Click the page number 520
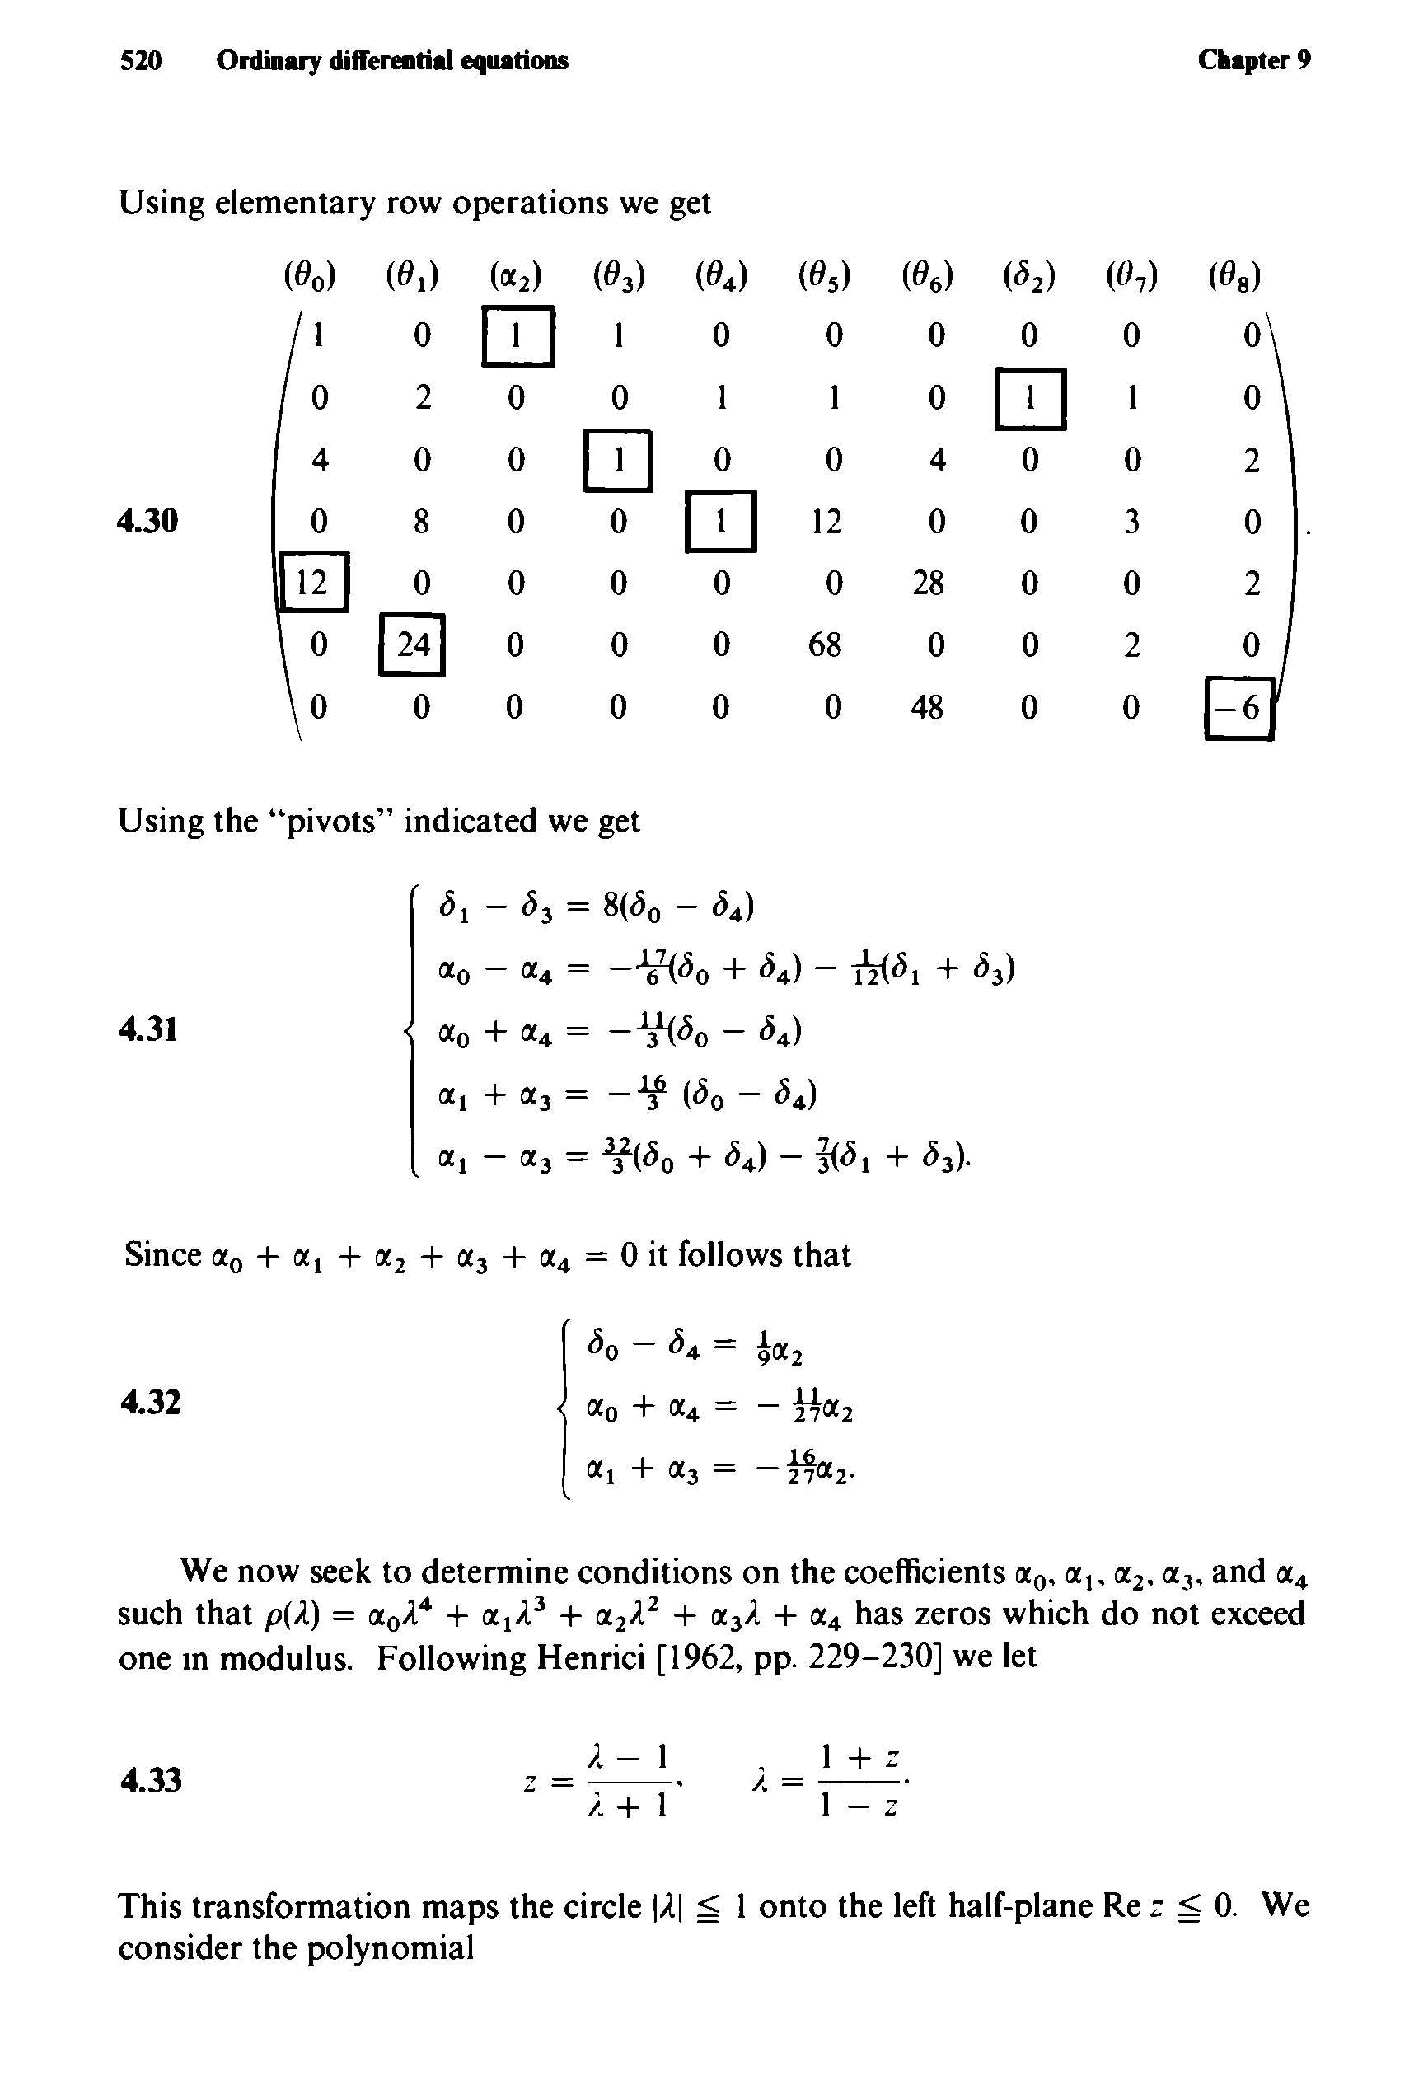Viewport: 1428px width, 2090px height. (x=141, y=60)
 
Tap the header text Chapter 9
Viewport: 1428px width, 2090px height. (x=1253, y=60)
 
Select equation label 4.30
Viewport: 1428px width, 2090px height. (x=147, y=520)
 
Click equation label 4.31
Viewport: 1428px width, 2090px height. (x=147, y=1028)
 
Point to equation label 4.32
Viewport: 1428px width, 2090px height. (x=149, y=1400)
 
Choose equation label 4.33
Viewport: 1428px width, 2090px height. (x=149, y=1778)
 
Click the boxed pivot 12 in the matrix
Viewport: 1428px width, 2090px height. (x=312, y=583)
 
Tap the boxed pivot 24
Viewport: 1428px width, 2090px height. (x=413, y=644)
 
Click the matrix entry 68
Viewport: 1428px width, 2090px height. (x=826, y=644)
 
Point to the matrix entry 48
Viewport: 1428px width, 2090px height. (x=927, y=708)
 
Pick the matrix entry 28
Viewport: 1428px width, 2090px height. (x=927, y=583)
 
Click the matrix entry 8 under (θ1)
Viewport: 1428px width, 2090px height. (x=421, y=521)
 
